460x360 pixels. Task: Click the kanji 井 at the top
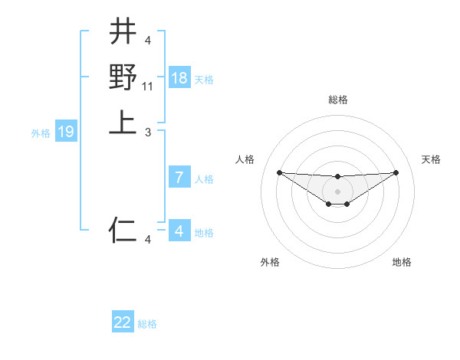(123, 31)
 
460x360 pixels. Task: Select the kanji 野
(123, 77)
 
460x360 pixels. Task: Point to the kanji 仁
(123, 229)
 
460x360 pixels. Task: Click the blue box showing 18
(179, 78)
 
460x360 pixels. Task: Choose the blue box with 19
(66, 132)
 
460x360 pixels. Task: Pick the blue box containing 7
(179, 178)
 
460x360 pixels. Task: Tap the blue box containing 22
(123, 322)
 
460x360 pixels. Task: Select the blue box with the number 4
(179, 231)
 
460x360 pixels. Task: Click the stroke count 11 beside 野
(149, 87)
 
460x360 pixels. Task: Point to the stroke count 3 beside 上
(148, 133)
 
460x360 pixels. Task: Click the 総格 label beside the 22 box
(147, 324)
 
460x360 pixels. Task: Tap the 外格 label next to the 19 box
(41, 133)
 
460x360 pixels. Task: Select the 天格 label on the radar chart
(432, 159)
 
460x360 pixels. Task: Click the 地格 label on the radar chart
(402, 262)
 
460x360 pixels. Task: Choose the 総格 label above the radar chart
(337, 100)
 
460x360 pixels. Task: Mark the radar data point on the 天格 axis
(396, 172)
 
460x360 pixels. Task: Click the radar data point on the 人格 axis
(279, 172)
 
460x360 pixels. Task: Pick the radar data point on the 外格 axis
(328, 204)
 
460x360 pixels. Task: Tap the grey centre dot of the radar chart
(337, 191)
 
